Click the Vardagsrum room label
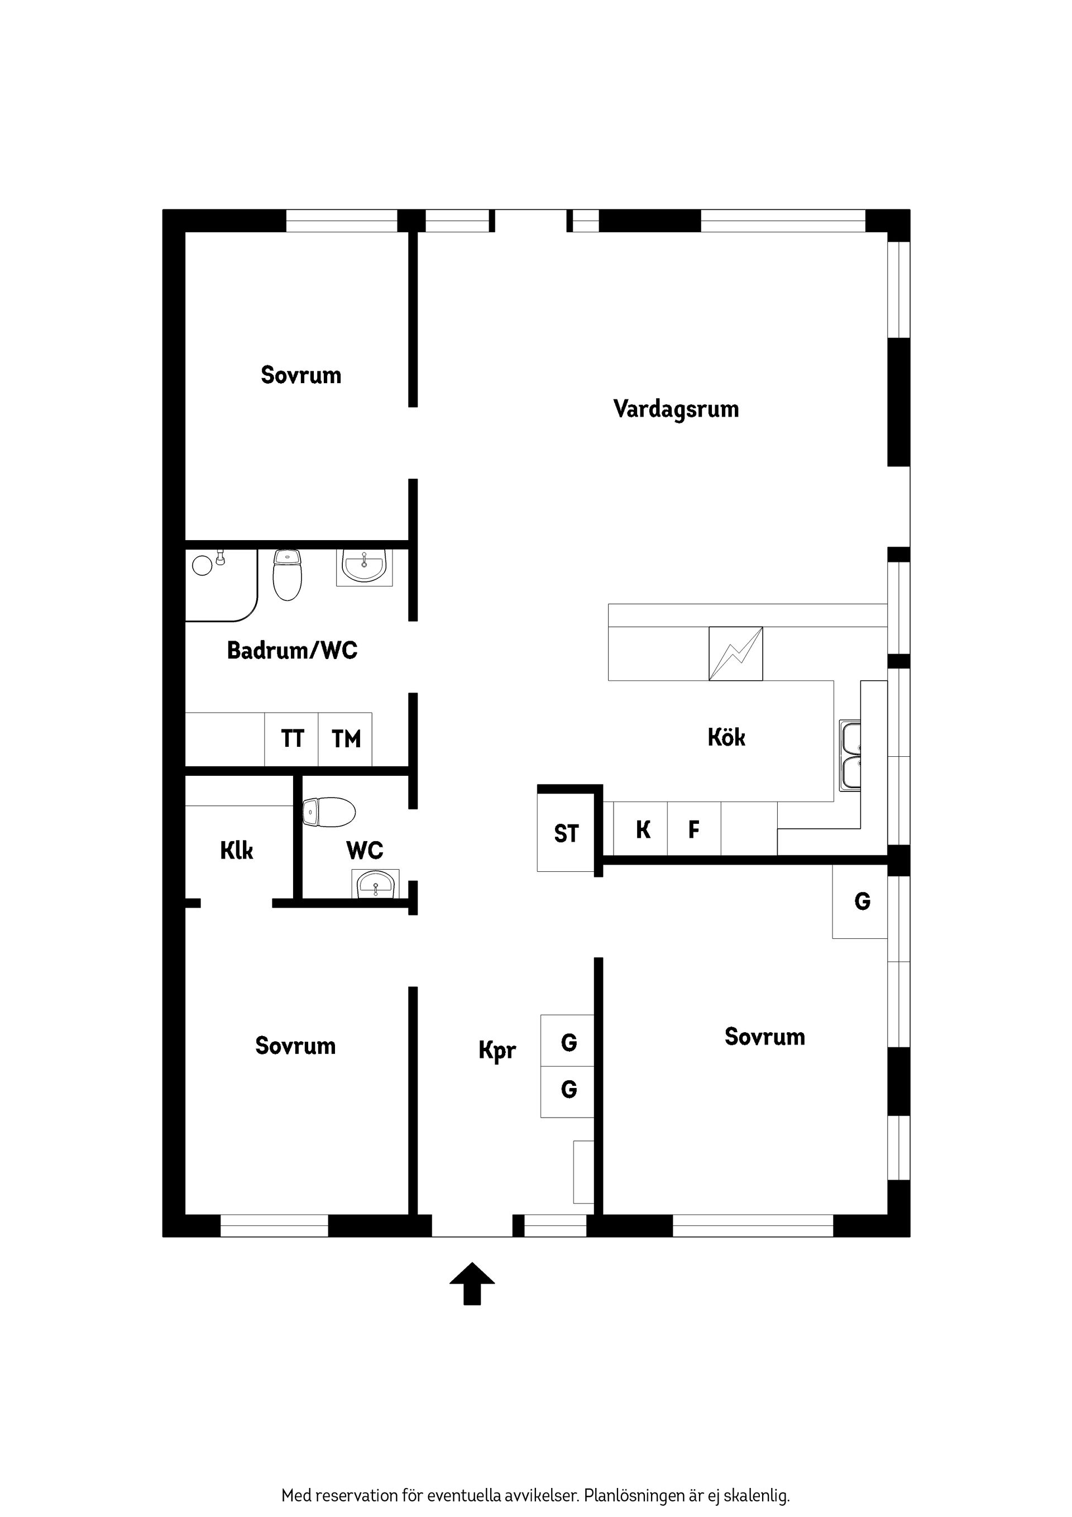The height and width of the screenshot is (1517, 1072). point(676,409)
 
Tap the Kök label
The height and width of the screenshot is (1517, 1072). point(726,737)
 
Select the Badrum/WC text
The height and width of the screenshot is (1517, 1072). point(292,651)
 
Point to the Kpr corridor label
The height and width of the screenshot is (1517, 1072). point(497,1050)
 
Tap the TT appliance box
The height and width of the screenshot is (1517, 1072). point(292,740)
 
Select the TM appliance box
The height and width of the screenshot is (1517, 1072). point(346,740)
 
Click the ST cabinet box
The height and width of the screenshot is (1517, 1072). point(566,834)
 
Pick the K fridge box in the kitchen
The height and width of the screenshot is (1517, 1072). point(642,830)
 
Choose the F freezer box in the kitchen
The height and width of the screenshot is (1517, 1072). point(693,830)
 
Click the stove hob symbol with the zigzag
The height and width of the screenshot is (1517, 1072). point(735,653)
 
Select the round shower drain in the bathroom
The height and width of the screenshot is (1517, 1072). point(202,566)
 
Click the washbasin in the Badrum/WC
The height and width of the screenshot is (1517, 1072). point(364,567)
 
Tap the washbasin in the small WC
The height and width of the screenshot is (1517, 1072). point(376,884)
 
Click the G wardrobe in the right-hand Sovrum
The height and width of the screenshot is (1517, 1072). point(862,902)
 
